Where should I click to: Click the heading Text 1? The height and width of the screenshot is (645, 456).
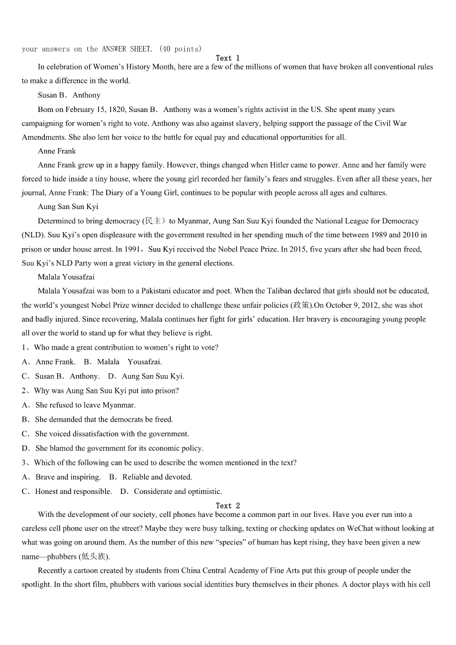[227, 58]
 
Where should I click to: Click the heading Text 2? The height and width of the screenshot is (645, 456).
[227, 505]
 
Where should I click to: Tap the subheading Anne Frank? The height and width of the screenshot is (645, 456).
[57, 151]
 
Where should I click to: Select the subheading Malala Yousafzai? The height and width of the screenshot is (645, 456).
[66, 277]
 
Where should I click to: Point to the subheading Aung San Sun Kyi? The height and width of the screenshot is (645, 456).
[68, 207]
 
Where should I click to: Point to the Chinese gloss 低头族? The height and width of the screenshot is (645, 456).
[94, 557]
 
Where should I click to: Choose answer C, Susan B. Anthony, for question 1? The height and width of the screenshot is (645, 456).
[67, 376]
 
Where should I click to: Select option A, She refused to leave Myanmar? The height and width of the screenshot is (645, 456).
[85, 405]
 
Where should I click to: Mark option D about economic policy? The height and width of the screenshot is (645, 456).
[119, 448]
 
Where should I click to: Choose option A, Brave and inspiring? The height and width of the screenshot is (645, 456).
[68, 477]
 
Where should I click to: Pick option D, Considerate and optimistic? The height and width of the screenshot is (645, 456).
[177, 491]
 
